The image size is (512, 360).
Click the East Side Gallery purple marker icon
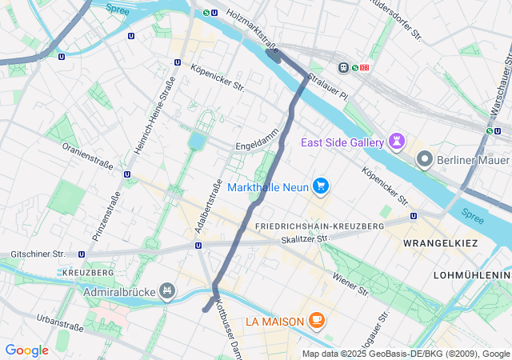(x=398, y=142)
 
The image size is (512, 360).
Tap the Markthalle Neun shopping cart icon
(x=321, y=186)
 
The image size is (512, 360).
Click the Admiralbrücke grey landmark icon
(x=167, y=290)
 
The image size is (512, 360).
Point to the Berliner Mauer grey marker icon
(x=425, y=159)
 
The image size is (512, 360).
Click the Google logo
(x=26, y=350)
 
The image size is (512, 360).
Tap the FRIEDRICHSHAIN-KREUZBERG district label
(x=318, y=226)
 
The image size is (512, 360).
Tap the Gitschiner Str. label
(x=38, y=254)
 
